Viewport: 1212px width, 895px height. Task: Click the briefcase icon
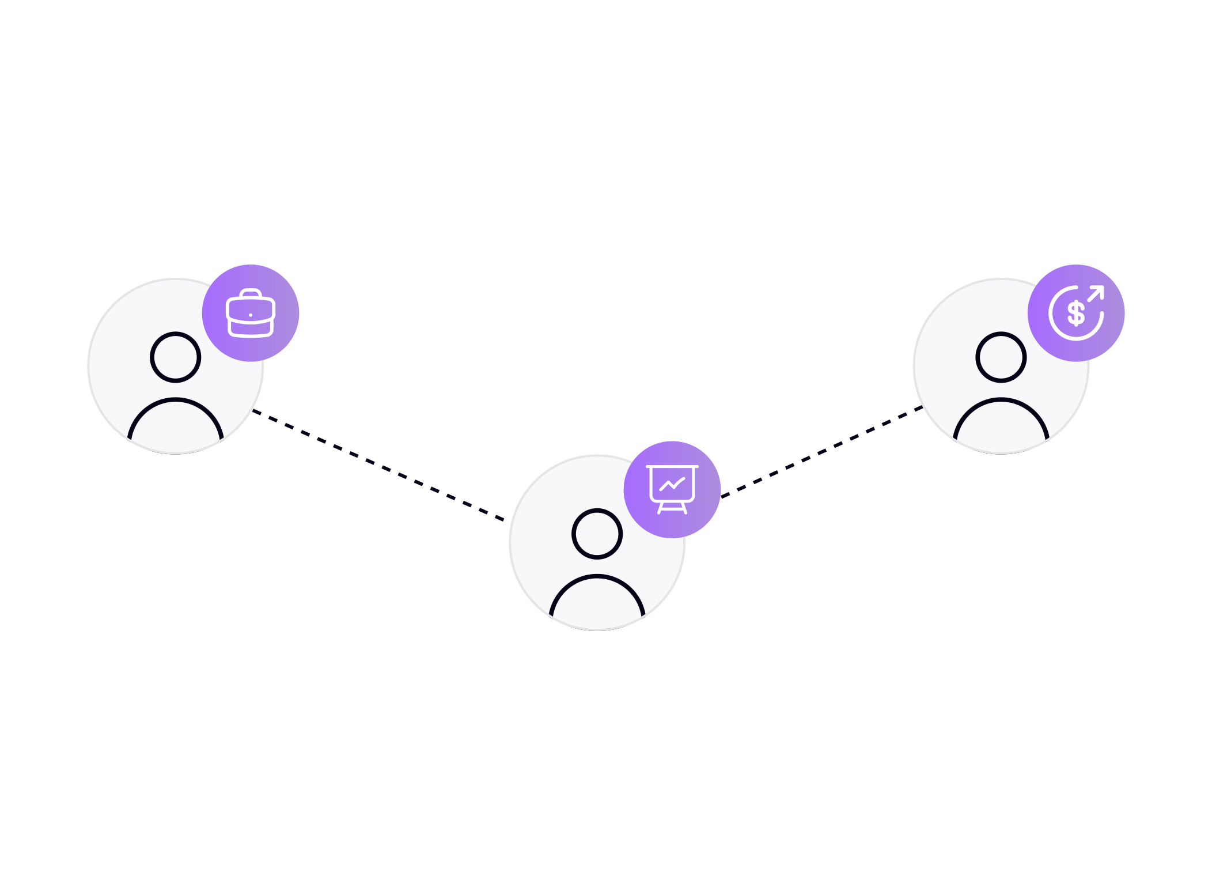pos(251,314)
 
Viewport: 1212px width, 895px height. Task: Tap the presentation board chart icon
pos(672,489)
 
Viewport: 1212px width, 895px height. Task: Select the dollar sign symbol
pos(1075,314)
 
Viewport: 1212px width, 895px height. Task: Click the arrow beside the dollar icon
pos(1096,293)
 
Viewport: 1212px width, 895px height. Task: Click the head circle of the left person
pos(175,357)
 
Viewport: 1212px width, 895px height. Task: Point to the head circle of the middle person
pos(597,534)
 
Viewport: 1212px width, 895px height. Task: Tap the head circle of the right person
pos(1001,357)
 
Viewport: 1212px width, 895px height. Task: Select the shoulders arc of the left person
pos(175,400)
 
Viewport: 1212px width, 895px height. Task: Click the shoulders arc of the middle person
pos(597,577)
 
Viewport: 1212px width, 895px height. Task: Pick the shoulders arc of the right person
pos(1001,400)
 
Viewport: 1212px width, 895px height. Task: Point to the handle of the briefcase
pos(251,292)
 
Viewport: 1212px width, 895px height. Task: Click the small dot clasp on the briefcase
pos(251,315)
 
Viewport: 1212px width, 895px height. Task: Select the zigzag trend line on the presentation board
pos(672,485)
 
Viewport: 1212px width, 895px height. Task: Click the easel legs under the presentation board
pos(672,508)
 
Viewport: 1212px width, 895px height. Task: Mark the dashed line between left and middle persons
pos(380,466)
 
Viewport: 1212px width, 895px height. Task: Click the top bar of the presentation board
pos(672,466)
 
